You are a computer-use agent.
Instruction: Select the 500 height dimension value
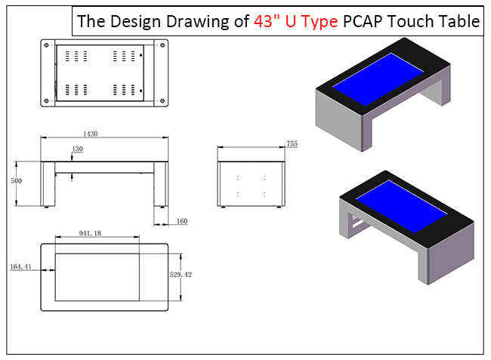16,182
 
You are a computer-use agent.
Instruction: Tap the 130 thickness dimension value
78,149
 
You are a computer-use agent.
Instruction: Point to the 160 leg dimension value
182,221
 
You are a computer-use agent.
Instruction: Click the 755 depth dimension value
292,143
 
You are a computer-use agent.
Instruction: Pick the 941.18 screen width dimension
94,234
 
